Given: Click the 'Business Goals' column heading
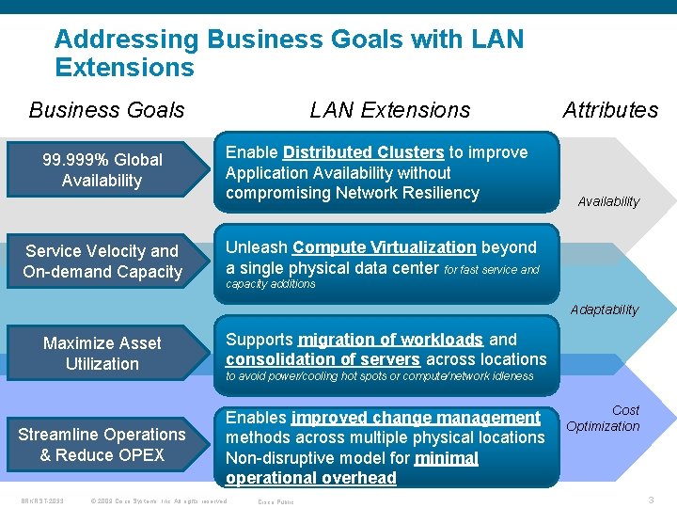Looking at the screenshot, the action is click(106, 110).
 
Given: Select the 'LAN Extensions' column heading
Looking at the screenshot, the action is click(389, 110).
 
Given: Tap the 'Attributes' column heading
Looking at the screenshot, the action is click(610, 110).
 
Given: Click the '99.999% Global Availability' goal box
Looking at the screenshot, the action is click(102, 170).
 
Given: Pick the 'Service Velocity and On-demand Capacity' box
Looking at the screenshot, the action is click(102, 262).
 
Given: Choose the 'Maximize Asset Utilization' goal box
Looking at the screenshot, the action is click(102, 354).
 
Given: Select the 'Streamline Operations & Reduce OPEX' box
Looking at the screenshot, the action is click(102, 445).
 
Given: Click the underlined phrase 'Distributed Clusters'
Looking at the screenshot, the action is click(363, 152).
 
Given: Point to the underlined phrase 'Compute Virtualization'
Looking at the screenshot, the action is click(384, 247).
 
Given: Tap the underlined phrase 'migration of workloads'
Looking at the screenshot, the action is click(390, 340).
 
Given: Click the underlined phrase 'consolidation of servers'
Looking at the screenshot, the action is click(323, 359).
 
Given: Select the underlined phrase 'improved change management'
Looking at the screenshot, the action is click(416, 418).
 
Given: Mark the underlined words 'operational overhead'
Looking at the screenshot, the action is click(311, 478).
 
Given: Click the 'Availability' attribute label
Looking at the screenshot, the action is click(608, 201).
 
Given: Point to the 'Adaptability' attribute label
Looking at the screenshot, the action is click(605, 310).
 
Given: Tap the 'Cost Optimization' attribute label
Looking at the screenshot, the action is click(604, 419).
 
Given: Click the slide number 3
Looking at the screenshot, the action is click(651, 500).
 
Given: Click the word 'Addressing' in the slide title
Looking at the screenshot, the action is click(126, 40).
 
